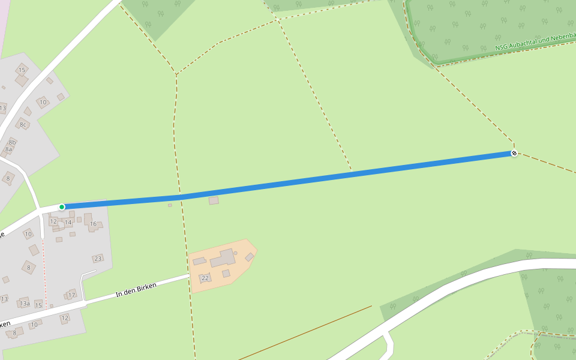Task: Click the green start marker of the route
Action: pyautogui.click(x=62, y=207)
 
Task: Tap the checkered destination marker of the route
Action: pyautogui.click(x=514, y=154)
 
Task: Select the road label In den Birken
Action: pyautogui.click(x=136, y=290)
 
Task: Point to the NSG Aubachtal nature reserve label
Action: pyautogui.click(x=534, y=41)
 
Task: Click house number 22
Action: pyautogui.click(x=205, y=278)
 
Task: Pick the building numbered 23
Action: pyautogui.click(x=98, y=259)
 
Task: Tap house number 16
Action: pyautogui.click(x=93, y=224)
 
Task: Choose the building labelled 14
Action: pyautogui.click(x=68, y=223)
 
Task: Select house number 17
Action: pyautogui.click(x=71, y=295)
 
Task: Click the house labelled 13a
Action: pyautogui.click(x=25, y=303)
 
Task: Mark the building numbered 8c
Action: pyautogui.click(x=23, y=124)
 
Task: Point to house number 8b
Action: pyautogui.click(x=12, y=142)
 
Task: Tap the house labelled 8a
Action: pyautogui.click(x=8, y=149)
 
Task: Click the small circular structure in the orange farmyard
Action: pyautogui.click(x=235, y=253)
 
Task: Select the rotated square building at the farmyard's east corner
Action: pyautogui.click(x=249, y=257)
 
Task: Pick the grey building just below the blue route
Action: pyautogui.click(x=214, y=200)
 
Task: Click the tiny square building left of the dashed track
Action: pyautogui.click(x=170, y=205)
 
